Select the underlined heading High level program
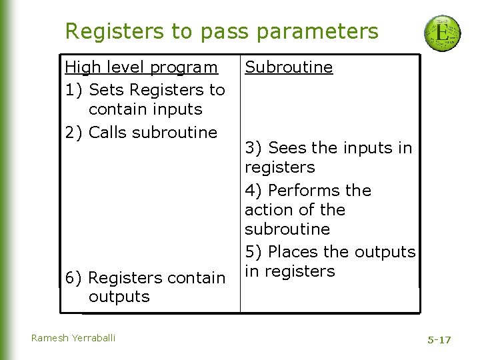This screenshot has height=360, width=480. click(141, 67)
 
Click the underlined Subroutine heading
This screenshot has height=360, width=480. click(289, 67)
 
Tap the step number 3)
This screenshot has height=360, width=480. click(254, 147)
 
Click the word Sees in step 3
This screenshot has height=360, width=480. click(287, 147)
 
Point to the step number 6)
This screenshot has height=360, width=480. click(74, 277)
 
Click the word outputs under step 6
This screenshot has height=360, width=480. click(119, 297)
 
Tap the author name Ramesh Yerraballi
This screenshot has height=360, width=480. click(73, 338)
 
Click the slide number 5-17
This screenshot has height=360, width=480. click(439, 340)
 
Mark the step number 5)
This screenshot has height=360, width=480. click(254, 252)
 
